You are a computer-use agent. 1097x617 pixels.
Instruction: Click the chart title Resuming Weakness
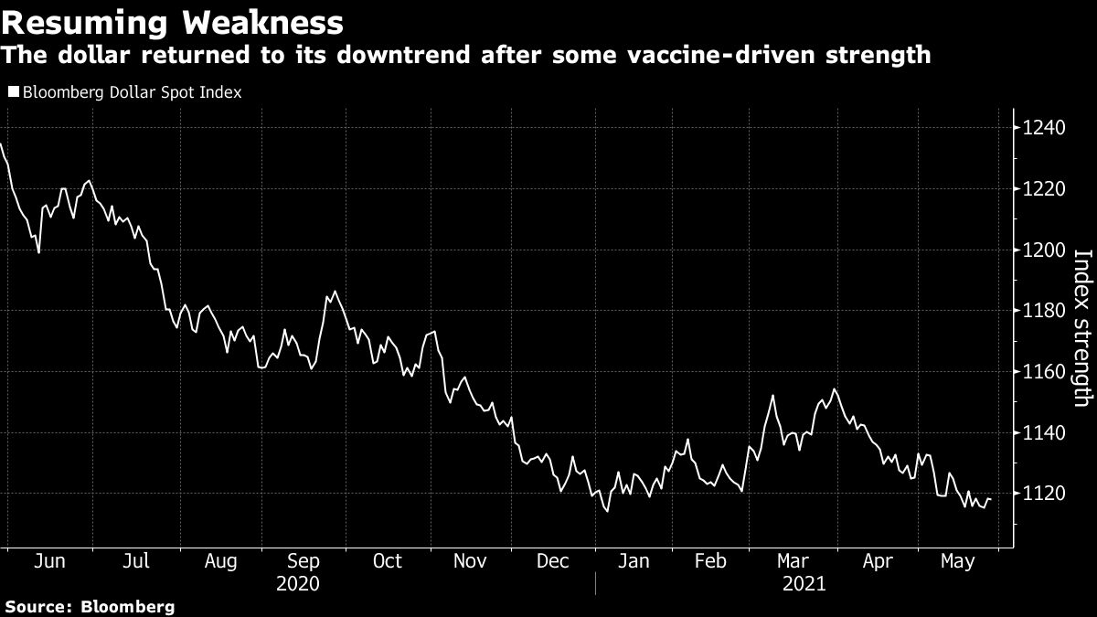pos(173,21)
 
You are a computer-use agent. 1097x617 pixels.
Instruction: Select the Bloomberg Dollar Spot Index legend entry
pos(131,92)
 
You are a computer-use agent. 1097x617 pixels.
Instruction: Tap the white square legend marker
pos(13,92)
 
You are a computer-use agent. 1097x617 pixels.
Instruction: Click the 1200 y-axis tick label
pos(1042,250)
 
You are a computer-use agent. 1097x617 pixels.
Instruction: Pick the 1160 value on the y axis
pos(1042,372)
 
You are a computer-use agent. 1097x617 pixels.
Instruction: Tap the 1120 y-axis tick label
pos(1042,494)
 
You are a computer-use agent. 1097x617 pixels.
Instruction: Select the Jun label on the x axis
pos(50,560)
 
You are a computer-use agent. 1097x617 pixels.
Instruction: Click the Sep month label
pos(304,560)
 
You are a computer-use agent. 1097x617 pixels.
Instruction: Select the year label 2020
pos(297,583)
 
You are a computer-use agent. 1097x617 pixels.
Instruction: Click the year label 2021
pos(804,583)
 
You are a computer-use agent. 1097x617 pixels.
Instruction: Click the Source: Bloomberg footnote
pos(89,606)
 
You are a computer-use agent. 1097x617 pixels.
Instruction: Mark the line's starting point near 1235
pos(2,144)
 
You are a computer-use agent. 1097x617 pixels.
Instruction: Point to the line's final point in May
pos(991,499)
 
